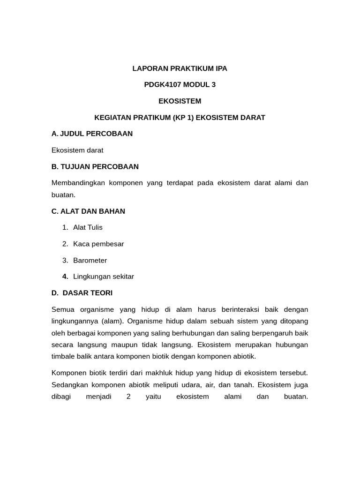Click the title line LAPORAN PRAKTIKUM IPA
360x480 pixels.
tap(180, 68)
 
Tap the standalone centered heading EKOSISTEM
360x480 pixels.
tap(180, 101)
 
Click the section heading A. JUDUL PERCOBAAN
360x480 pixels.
tap(92, 134)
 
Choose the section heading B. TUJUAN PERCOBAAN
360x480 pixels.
tap(95, 166)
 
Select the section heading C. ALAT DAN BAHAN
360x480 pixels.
tap(88, 211)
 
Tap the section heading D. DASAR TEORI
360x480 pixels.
tap(82, 292)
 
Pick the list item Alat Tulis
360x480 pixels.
tap(88, 227)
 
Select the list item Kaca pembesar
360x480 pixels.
tap(98, 244)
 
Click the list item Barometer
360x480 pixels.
tap(90, 260)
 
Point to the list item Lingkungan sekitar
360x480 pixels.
tap(104, 277)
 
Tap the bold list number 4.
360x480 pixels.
tap(65, 277)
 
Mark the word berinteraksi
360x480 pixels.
tap(238, 309)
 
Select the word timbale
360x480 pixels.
tap(63, 356)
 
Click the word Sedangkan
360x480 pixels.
tap(69, 384)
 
